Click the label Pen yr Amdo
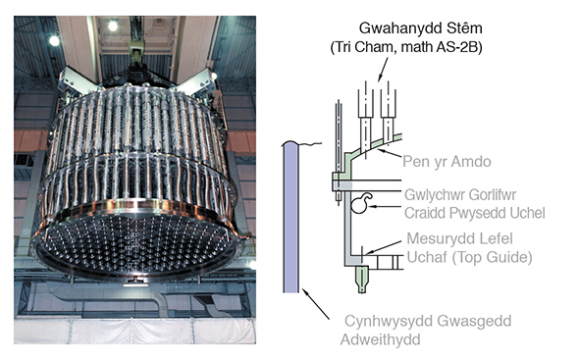(447, 162)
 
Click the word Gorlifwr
(491, 194)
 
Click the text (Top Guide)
(493, 257)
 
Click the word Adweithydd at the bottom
(381, 339)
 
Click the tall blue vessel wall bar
(290, 217)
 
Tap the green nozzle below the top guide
(362, 280)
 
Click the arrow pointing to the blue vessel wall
(316, 304)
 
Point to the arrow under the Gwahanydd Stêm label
(383, 70)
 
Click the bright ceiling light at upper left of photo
(54, 40)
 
